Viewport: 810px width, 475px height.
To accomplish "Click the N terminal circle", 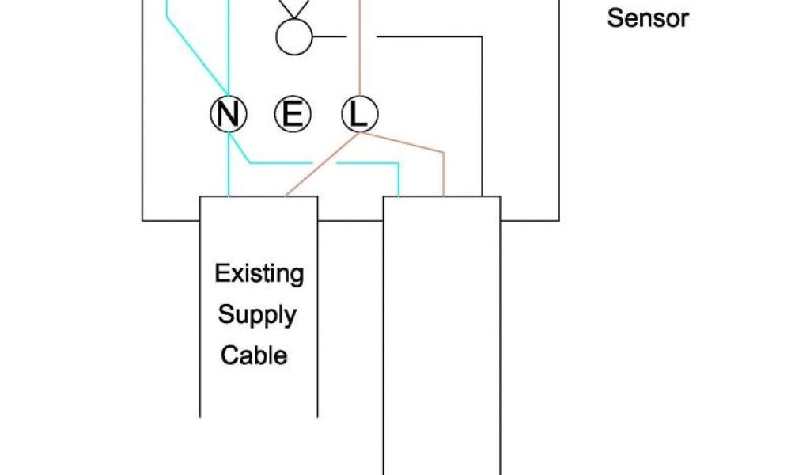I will point(228,116).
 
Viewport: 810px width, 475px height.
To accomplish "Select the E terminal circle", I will point(293,116).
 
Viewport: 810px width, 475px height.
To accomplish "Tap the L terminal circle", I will point(359,116).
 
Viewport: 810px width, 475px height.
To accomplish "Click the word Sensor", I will point(648,18).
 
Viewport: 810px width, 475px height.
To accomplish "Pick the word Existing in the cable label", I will point(259,275).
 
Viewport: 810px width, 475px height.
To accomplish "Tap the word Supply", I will point(257,314).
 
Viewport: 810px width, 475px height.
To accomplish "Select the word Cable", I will point(254,355).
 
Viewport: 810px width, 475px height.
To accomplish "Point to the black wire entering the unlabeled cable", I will point(481,119).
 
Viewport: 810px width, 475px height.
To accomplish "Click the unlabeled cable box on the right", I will point(441,332).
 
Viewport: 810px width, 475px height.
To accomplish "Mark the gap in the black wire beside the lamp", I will point(361,36).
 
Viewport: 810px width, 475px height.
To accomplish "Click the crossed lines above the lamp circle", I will point(293,8).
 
